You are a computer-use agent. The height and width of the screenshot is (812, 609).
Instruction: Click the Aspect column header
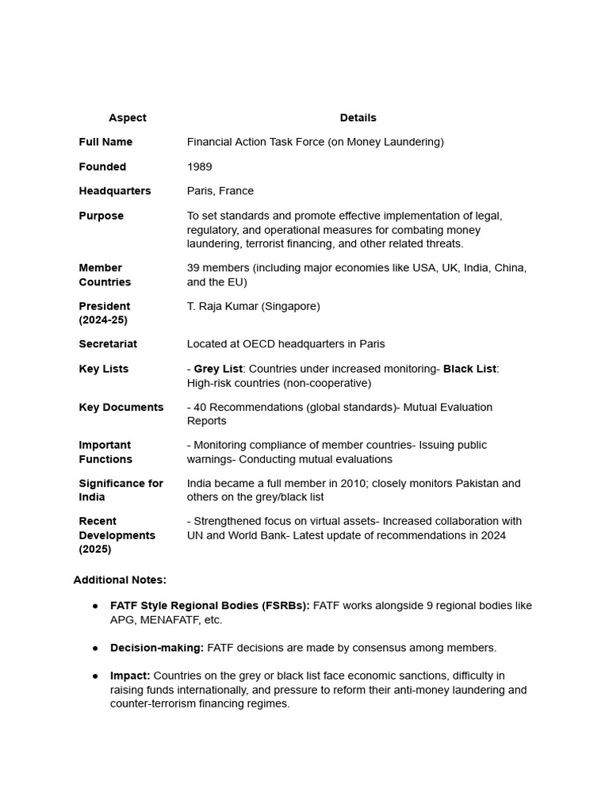[x=127, y=117]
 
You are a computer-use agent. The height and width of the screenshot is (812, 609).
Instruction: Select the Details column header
[x=358, y=117]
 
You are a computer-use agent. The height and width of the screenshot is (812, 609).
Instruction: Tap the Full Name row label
[x=105, y=142]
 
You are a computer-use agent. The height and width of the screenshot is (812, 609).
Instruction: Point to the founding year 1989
[x=199, y=167]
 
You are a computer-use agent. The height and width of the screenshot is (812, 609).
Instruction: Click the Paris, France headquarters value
[x=220, y=191]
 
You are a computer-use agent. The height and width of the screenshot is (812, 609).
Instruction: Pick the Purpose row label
[x=101, y=216]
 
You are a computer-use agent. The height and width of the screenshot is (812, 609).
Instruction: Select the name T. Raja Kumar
[x=222, y=306]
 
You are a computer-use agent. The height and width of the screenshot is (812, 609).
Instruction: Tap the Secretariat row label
[x=108, y=344]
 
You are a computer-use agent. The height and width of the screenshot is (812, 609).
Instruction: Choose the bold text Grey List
[x=217, y=369]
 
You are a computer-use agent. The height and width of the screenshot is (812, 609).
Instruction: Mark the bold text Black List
[x=469, y=369]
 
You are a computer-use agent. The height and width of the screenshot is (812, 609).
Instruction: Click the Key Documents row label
[x=121, y=408]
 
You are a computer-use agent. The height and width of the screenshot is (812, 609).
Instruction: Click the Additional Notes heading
[x=120, y=580]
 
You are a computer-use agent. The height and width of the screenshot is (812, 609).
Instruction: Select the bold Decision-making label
[x=157, y=648]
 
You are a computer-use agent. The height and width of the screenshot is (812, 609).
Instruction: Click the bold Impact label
[x=130, y=676]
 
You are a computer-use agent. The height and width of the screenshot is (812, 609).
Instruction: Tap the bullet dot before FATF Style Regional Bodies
[x=95, y=606]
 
